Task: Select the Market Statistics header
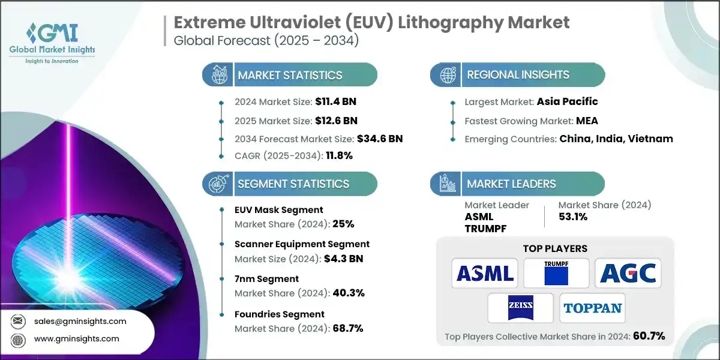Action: click(290, 75)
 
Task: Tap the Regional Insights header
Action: click(518, 75)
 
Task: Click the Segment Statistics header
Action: click(293, 184)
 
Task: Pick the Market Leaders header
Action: click(511, 184)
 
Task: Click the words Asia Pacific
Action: click(568, 101)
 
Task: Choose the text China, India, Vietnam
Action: click(616, 139)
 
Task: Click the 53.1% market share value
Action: click(573, 217)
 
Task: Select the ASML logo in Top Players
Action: click(484, 274)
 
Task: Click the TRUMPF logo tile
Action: click(556, 274)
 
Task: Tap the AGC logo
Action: click(628, 274)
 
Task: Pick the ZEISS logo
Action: click(520, 308)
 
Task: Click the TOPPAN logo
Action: click(592, 308)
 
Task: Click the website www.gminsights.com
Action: click(76, 338)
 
